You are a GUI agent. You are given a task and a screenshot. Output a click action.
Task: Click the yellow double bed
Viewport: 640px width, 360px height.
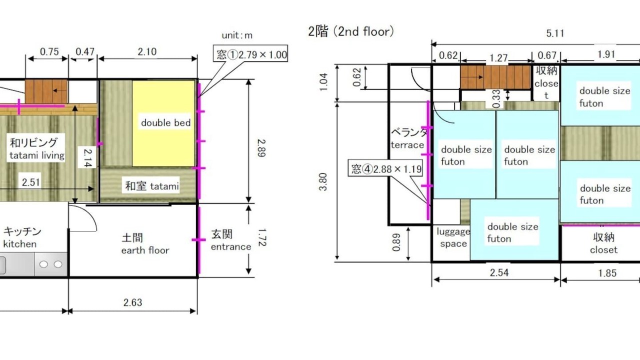pos(163,123)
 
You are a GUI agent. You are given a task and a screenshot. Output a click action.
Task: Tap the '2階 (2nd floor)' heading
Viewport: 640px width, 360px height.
pos(351,31)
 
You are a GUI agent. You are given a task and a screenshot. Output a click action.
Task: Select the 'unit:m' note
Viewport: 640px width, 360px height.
pos(237,35)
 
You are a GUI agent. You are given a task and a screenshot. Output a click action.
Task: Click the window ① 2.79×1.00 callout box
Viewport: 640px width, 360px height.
pos(250,53)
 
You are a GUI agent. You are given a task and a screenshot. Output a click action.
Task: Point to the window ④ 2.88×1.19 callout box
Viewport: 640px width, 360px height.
pos(385,169)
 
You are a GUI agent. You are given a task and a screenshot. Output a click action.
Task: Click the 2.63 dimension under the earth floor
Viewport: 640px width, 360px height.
pos(132,302)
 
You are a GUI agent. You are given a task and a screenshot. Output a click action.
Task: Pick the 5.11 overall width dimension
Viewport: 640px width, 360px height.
pos(555,33)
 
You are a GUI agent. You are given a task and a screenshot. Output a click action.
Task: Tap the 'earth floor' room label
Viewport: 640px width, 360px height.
pos(145,250)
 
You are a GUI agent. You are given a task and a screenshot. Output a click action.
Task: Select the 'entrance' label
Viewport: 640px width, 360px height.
pos(231,247)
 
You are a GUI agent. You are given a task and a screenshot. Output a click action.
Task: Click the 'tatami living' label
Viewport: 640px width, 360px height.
pos(37,155)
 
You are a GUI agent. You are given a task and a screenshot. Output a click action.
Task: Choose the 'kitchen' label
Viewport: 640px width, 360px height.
pos(19,244)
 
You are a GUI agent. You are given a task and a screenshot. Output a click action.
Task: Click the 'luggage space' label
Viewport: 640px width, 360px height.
pos(453,237)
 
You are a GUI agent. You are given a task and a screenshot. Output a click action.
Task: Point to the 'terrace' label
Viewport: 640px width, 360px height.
pos(407,145)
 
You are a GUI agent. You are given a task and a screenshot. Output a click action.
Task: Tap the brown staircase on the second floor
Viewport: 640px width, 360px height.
pos(495,77)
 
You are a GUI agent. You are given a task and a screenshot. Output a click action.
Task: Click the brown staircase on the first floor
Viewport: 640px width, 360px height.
pos(46,91)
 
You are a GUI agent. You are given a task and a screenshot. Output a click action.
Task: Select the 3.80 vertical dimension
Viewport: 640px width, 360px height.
pos(323,181)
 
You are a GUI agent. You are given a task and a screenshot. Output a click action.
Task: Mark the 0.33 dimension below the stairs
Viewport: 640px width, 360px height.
pos(497,99)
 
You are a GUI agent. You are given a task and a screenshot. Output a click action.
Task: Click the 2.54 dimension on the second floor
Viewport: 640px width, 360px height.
pos(499,272)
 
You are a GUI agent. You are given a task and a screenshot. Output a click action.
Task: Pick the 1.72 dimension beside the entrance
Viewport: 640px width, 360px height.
pos(261,237)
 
